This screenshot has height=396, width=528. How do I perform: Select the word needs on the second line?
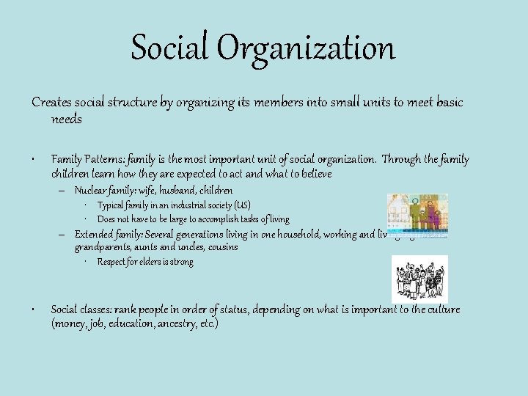tap(67, 118)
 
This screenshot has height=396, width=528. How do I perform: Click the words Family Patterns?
tap(85, 159)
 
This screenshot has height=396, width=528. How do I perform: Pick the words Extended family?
tap(109, 234)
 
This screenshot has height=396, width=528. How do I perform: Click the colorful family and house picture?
tap(417, 216)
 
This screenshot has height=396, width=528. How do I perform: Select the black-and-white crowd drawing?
tap(419, 279)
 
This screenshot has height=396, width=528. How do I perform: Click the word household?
tap(307, 234)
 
